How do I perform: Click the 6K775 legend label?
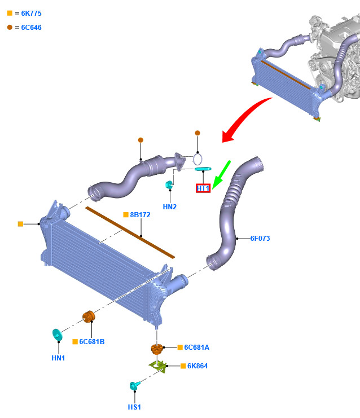point(31,14)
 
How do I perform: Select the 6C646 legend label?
point(31,28)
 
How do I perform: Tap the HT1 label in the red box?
point(203,188)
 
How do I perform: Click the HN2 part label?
point(170,207)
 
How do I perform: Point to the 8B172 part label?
point(140,215)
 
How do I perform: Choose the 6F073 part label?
point(260,238)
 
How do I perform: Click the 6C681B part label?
point(92,342)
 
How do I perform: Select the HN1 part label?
point(58,358)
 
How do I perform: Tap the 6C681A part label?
point(197,347)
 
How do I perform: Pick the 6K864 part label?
point(197,366)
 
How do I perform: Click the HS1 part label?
point(134,407)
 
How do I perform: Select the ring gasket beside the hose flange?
point(197,159)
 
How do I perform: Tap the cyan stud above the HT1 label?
point(203,169)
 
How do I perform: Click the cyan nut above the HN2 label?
point(169,184)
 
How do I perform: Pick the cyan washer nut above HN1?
point(57,335)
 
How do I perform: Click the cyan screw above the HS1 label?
point(134,385)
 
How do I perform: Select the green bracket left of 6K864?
point(158,366)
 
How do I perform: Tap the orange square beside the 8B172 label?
point(126,214)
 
